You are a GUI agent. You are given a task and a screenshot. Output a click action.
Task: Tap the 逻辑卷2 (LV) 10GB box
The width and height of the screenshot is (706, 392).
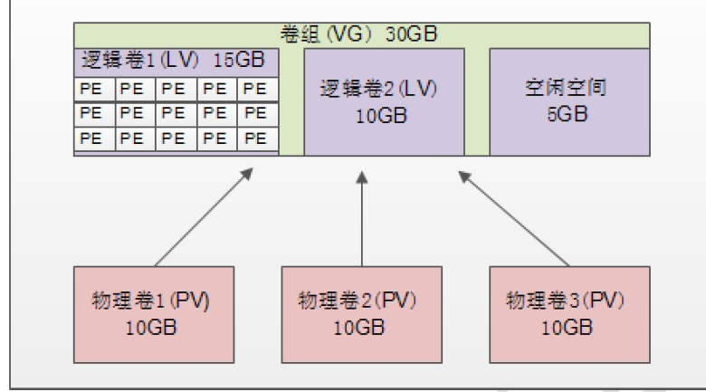[384, 102]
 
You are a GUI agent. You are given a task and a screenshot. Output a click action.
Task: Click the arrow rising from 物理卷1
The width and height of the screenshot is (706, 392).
[204, 217]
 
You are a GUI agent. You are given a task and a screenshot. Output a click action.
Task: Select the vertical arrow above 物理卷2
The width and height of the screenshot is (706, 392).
[361, 217]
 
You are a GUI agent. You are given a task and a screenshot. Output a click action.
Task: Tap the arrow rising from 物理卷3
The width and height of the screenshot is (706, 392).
[515, 217]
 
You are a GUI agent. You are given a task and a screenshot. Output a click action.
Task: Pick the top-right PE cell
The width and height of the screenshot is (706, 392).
[256, 89]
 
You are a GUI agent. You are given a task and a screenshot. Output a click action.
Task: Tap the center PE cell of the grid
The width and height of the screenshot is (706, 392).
[174, 114]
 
